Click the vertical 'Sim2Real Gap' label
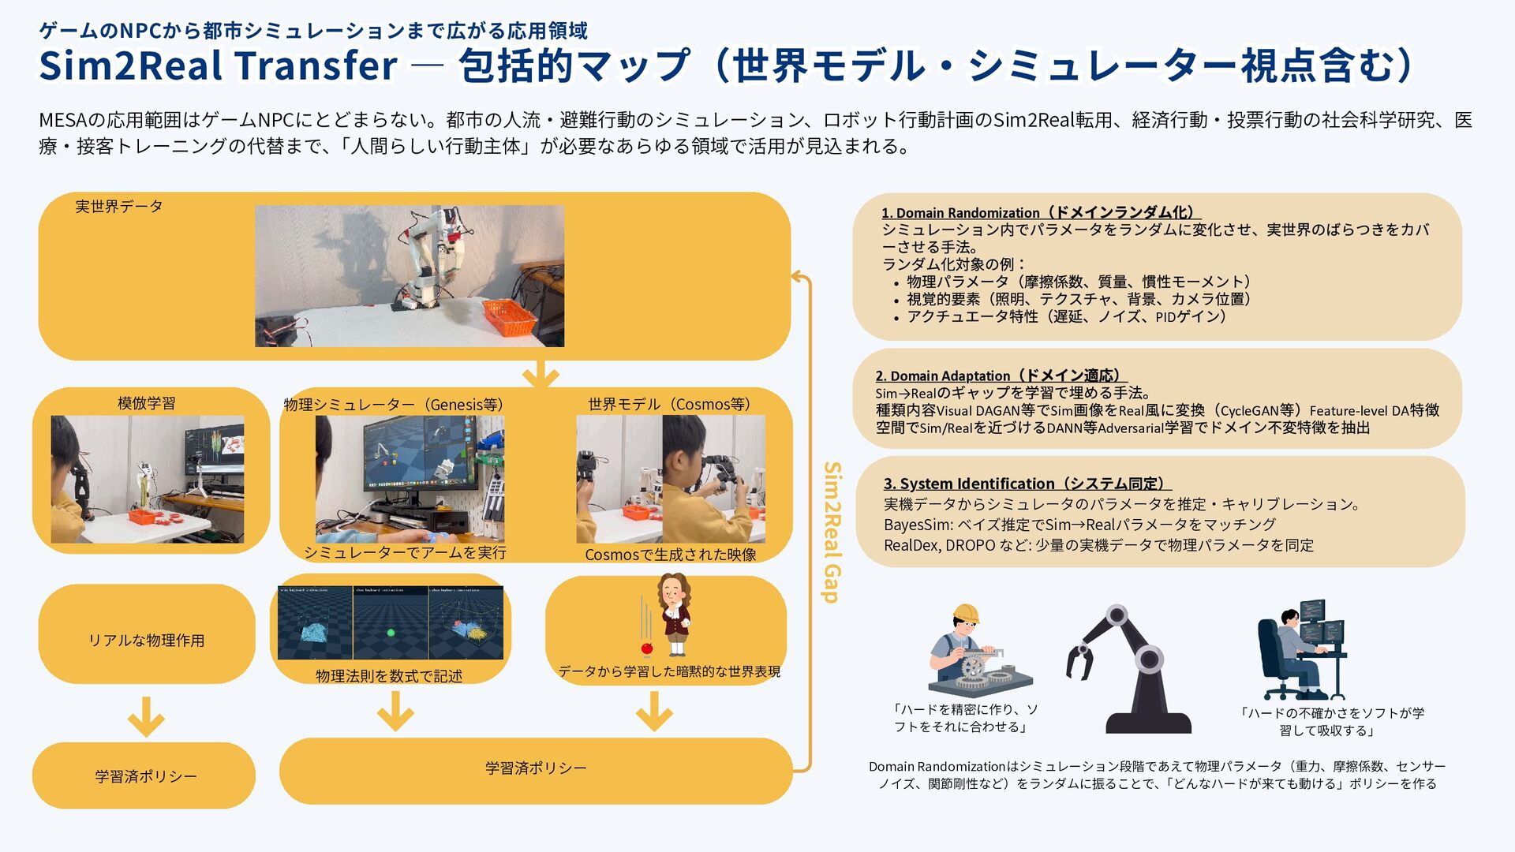click(x=832, y=532)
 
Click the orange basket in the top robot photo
click(x=508, y=316)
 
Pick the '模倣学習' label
click(x=147, y=403)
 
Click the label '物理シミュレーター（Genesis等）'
click(x=394, y=405)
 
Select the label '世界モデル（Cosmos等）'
click(x=669, y=404)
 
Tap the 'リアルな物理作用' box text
click(x=147, y=641)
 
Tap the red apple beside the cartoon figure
click(x=647, y=648)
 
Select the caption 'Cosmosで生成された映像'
click(x=671, y=555)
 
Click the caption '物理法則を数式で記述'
click(x=389, y=676)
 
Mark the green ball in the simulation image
click(x=390, y=633)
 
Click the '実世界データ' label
click(x=119, y=207)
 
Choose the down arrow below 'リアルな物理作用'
click(x=146, y=716)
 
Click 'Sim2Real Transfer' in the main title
click(x=218, y=65)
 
